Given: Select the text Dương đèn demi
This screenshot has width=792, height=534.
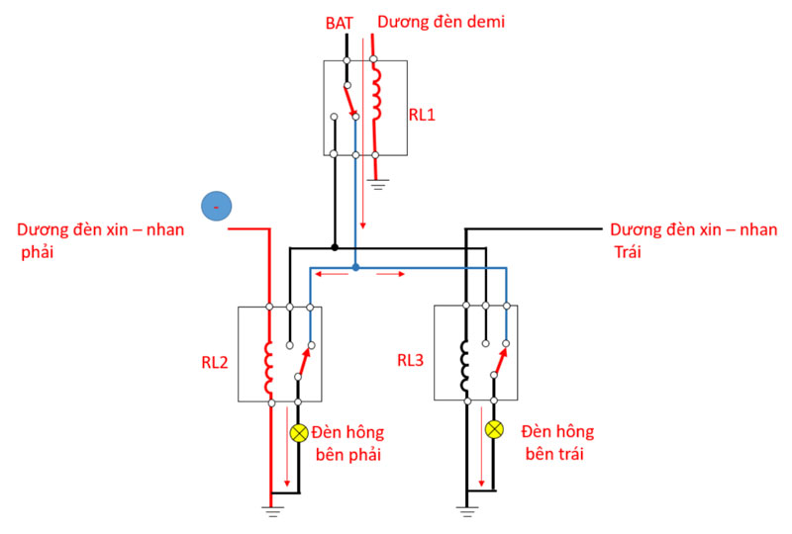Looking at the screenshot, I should (443, 21).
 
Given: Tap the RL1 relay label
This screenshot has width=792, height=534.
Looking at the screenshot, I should (423, 115).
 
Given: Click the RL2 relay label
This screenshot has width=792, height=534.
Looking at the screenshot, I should (215, 362).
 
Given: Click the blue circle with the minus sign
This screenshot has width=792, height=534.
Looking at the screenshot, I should (216, 206).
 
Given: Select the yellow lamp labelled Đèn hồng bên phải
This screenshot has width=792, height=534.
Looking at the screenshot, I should (299, 433).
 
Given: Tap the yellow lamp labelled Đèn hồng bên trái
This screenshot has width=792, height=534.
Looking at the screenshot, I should (495, 429).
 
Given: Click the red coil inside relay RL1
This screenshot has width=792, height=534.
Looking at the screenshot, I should (375, 94).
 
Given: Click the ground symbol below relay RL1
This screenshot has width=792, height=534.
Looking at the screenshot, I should (377, 183).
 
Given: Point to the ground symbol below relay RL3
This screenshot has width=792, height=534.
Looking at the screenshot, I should (466, 511).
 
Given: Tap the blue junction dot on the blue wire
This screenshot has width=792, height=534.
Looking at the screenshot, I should (355, 267).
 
